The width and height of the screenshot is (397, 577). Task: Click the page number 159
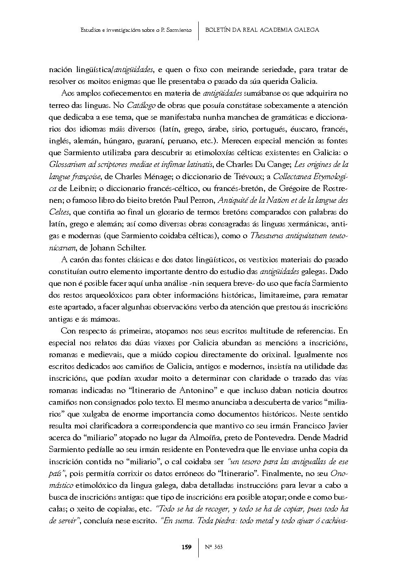pos(186,547)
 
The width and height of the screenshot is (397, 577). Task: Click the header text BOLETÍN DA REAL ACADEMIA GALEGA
pos(262,30)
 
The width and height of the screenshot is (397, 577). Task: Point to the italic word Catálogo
pos(141,105)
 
